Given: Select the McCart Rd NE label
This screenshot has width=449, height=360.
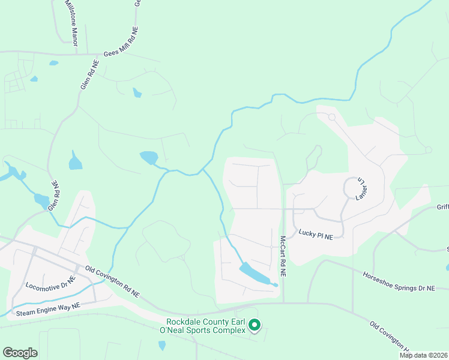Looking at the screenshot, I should point(283,256).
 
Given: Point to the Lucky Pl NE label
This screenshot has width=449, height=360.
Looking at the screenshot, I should point(315,234).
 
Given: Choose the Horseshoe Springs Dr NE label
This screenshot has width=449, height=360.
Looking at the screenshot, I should point(399,282).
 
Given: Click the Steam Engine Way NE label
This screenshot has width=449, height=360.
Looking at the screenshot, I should point(47,309).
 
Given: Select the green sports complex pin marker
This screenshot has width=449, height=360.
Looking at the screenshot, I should point(255,325).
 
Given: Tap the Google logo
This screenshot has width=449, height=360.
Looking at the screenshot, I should point(20,353).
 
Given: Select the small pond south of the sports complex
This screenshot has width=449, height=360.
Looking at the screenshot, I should point(161,346).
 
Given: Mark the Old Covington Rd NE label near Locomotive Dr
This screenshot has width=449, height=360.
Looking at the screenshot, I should point(112,282).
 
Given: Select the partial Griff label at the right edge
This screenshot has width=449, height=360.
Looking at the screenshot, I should point(442,208).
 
